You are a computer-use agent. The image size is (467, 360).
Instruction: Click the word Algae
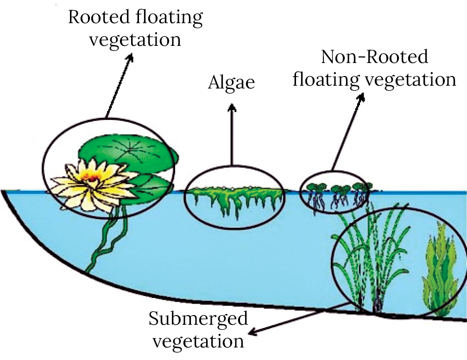click(232, 83)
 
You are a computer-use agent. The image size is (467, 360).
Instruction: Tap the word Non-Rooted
click(375, 58)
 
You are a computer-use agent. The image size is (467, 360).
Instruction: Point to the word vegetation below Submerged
click(198, 342)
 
